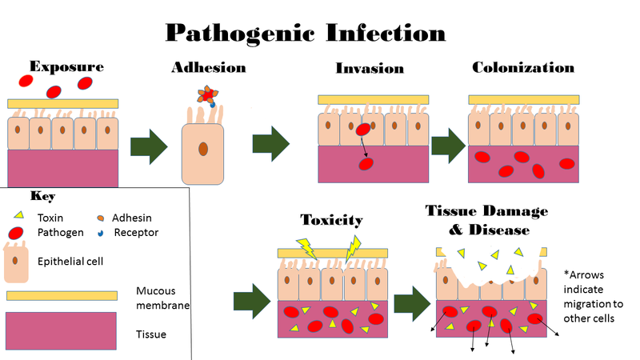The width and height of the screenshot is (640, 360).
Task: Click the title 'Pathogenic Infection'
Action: (305, 33)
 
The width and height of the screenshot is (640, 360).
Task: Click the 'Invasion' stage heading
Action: (370, 67)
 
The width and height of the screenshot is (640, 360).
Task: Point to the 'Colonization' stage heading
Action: (523, 67)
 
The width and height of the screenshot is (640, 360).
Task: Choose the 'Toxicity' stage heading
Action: (331, 219)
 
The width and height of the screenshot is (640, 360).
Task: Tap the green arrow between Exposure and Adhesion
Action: (147, 146)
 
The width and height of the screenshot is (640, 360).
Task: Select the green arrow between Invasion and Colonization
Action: (449, 144)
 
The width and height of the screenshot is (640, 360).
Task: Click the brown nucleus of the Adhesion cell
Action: (204, 148)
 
